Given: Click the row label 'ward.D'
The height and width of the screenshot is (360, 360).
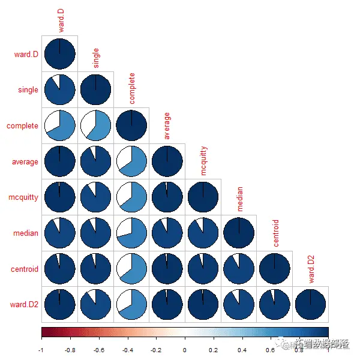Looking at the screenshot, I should (26, 55).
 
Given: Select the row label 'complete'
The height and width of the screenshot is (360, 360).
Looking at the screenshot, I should (23, 126).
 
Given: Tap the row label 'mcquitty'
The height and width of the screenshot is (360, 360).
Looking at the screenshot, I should (23, 197).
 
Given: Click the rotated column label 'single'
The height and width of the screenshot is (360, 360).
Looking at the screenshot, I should (96, 58).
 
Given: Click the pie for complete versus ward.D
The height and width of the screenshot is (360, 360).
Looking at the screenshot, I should (59, 126).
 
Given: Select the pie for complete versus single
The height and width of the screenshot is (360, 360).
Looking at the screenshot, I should (95, 126).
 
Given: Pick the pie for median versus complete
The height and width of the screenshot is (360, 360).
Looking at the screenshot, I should (131, 233).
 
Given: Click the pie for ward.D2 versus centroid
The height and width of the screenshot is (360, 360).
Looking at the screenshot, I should (275, 305).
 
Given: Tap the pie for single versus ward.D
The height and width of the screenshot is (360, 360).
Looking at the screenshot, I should (59, 90).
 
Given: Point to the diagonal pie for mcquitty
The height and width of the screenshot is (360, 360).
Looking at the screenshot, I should (203, 197).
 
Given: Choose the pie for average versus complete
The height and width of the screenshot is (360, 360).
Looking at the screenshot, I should (131, 161).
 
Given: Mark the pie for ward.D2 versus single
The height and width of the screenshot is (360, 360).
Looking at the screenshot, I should (95, 305).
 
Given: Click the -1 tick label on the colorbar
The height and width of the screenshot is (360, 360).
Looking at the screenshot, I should (41, 349).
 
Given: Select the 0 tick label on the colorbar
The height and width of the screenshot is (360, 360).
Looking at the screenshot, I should (185, 349).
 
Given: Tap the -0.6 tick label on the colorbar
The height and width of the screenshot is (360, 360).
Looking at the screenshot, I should (98, 349).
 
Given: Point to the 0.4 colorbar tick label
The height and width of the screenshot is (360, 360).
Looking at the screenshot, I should (242, 349).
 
